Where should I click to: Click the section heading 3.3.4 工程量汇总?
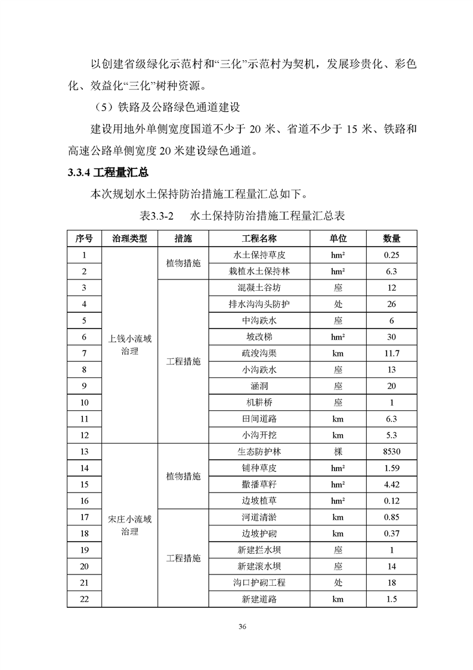108,173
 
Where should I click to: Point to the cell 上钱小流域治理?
129,345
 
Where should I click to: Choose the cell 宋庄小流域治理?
129,525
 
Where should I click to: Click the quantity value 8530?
391,452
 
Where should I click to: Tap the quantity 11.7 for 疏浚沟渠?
391,354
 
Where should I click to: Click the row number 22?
84,599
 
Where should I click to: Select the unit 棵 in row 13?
338,452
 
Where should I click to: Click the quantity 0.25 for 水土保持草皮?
391,255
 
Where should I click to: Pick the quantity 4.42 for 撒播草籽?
391,485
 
